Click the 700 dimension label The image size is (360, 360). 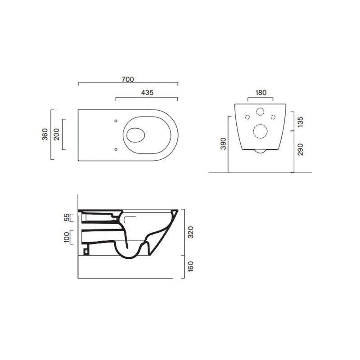point(128,80)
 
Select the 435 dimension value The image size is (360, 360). point(147,93)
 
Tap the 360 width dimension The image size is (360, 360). point(45,134)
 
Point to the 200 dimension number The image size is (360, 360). point(56,134)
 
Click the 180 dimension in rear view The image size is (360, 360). point(261,93)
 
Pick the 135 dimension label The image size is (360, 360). point(300,121)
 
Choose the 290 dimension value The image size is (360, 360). point(300,149)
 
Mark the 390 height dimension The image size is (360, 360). point(223,144)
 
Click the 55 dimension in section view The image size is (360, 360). point(66,217)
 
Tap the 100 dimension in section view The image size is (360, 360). point(66,237)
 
